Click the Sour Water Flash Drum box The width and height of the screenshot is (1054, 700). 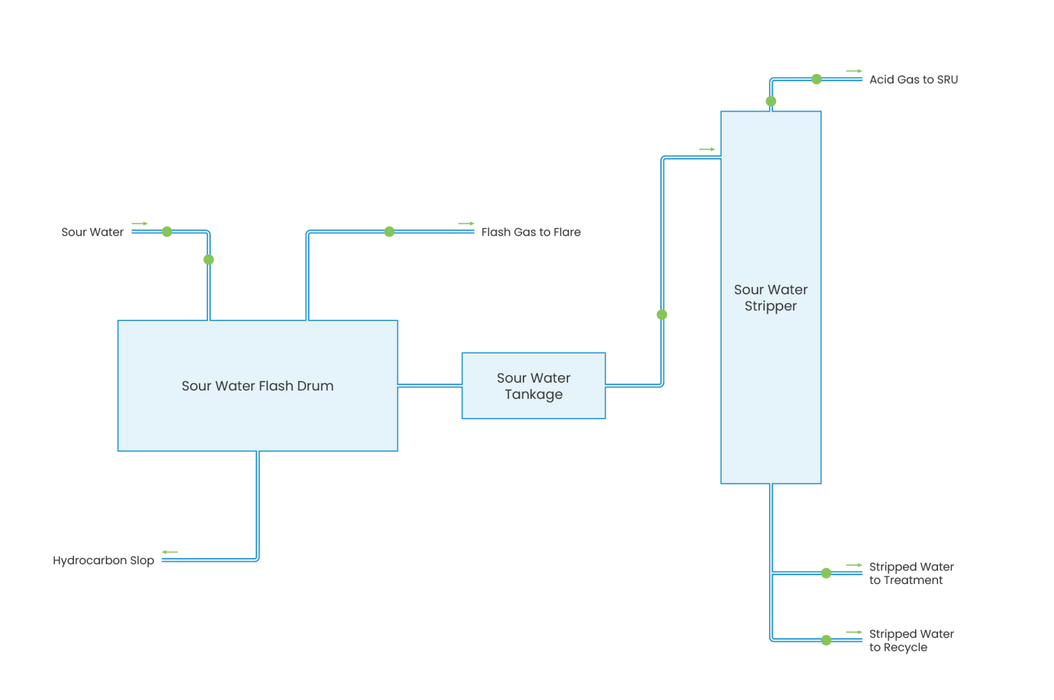(257, 386)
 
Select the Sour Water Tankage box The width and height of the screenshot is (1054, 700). (533, 386)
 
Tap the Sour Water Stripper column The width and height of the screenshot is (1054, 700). (771, 298)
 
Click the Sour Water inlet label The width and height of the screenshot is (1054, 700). (92, 233)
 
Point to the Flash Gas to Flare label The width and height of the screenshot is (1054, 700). (530, 233)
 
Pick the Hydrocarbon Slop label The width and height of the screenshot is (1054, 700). (104, 561)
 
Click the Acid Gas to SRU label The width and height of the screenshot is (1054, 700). (913, 80)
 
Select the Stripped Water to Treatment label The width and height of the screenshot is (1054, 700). (911, 574)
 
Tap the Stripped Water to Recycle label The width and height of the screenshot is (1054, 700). (911, 641)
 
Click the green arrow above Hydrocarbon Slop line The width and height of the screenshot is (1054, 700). (169, 552)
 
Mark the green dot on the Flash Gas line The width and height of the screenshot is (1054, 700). (389, 232)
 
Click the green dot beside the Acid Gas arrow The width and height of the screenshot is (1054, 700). (817, 79)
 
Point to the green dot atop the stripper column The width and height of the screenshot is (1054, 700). (771, 102)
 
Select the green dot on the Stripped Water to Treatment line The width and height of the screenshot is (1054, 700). (826, 573)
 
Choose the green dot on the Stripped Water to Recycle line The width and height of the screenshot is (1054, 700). (826, 640)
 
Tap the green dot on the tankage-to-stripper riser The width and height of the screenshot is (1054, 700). (661, 315)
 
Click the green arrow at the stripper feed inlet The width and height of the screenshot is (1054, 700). (707, 149)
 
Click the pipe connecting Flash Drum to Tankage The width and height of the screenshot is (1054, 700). (430, 386)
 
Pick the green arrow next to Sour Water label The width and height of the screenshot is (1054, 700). (139, 224)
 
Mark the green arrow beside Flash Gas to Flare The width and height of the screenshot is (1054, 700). (466, 224)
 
